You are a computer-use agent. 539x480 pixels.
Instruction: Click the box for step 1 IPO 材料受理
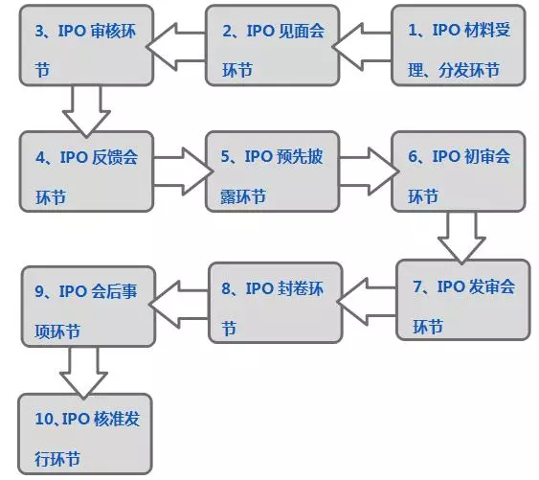(459, 45)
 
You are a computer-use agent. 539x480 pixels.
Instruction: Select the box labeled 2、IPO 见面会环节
(273, 45)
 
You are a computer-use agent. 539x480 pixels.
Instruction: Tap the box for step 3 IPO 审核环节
(86, 45)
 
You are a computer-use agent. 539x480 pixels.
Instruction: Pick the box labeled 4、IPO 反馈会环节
(86, 171)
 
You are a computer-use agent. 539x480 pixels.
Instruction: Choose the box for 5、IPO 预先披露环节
(273, 171)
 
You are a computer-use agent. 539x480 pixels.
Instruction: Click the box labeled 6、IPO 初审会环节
(459, 171)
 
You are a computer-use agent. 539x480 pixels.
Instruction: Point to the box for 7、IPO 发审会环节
(463, 300)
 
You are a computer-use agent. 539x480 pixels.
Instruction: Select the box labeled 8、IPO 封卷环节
(276, 303)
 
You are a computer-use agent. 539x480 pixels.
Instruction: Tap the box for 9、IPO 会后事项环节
(88, 307)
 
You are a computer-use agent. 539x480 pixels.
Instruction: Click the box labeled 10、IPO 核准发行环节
(85, 434)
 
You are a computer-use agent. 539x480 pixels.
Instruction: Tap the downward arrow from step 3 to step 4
(86, 111)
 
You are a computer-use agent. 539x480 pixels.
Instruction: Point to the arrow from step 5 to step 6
(370, 171)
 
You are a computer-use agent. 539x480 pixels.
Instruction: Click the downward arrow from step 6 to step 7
(461, 238)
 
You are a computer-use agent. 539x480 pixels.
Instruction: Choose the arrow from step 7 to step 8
(367, 302)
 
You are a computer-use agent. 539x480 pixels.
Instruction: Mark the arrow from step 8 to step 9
(178, 305)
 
